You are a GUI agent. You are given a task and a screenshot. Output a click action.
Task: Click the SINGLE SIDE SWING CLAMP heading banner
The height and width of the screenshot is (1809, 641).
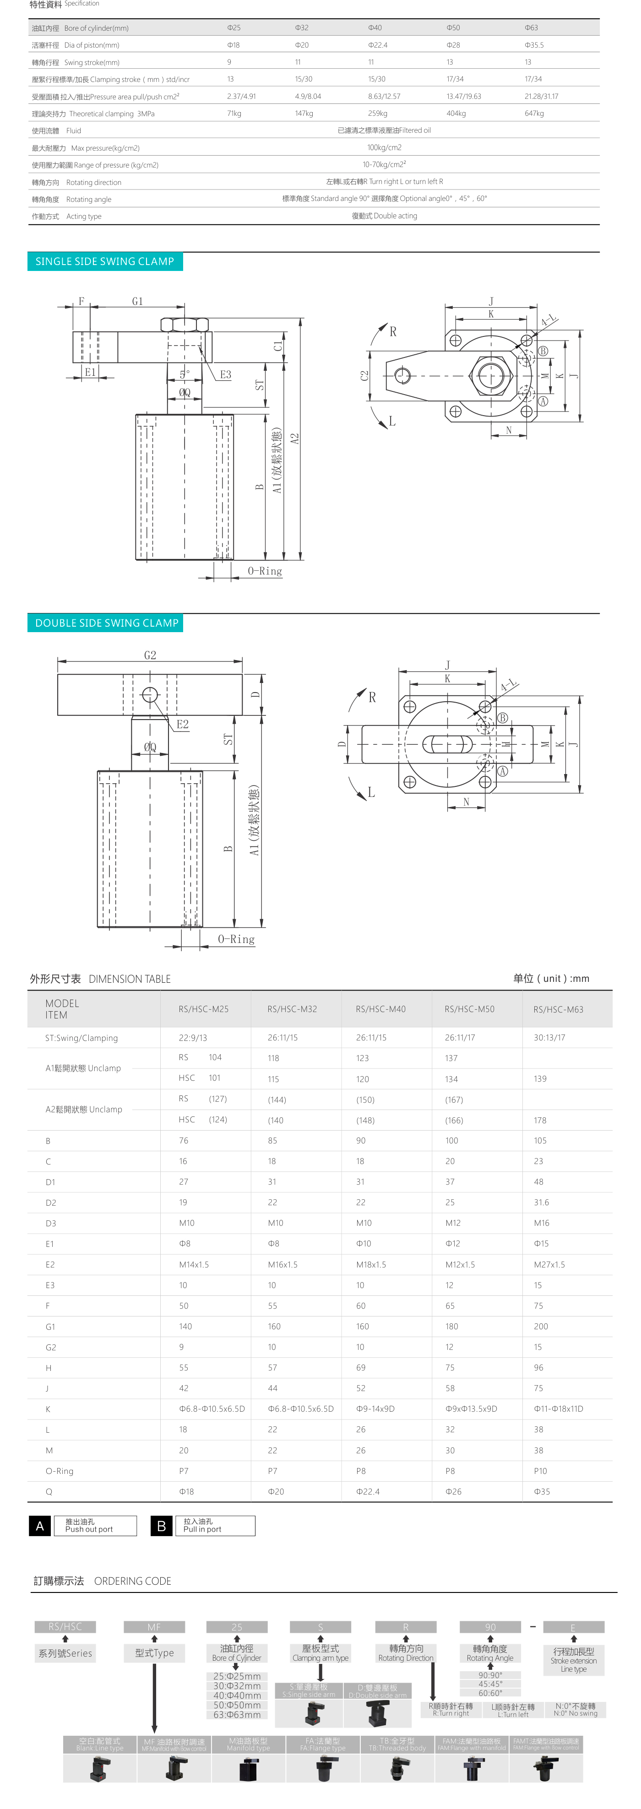(x=104, y=261)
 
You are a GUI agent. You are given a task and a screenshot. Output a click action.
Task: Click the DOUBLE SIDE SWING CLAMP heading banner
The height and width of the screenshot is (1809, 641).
(x=106, y=623)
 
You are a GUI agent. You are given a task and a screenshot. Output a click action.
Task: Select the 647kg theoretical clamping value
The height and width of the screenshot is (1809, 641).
(x=534, y=113)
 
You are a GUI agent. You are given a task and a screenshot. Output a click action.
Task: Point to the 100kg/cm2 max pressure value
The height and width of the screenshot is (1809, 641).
(x=384, y=147)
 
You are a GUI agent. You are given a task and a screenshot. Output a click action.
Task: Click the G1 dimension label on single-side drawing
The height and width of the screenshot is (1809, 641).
(x=138, y=301)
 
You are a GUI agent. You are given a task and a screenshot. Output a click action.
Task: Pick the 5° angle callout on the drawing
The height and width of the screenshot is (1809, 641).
(x=184, y=374)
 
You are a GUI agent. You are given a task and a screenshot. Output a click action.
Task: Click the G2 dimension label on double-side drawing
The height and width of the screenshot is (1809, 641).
(x=150, y=655)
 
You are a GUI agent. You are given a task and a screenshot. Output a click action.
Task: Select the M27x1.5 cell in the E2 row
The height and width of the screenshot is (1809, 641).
(x=549, y=1264)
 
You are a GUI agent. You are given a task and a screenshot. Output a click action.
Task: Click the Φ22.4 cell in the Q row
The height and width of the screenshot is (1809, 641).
(x=368, y=1491)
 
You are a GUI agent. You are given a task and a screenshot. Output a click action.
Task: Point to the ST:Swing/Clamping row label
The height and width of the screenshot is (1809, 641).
(x=81, y=1038)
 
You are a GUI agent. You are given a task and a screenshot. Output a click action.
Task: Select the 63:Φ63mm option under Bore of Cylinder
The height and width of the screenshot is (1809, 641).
(x=237, y=1714)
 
